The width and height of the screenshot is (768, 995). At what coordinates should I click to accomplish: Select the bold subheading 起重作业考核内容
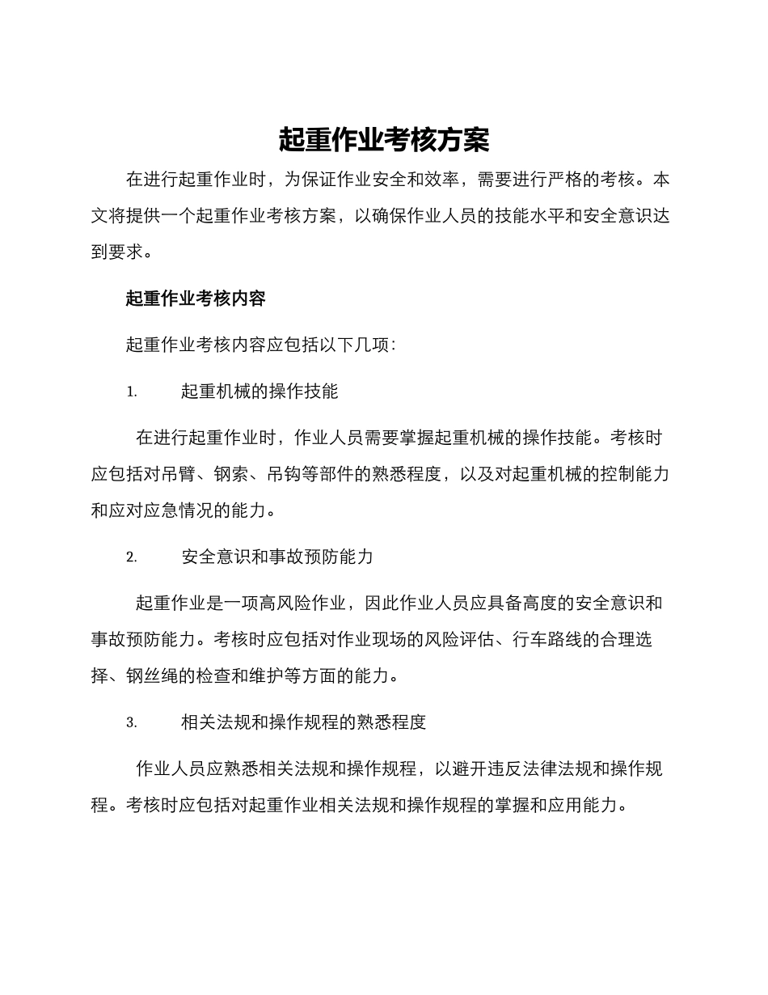(x=196, y=298)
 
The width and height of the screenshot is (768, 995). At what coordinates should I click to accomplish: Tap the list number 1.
(x=131, y=392)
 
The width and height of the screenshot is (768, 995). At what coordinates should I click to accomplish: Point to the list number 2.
(x=131, y=557)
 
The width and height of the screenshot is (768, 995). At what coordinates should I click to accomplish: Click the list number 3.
(x=131, y=722)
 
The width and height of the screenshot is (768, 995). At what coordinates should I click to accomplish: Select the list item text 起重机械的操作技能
(x=260, y=392)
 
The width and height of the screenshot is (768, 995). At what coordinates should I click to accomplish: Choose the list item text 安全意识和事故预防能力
(x=277, y=557)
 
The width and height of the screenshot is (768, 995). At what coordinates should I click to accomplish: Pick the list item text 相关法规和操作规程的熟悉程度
(x=303, y=722)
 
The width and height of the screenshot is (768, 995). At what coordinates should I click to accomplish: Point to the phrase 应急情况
(x=187, y=510)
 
